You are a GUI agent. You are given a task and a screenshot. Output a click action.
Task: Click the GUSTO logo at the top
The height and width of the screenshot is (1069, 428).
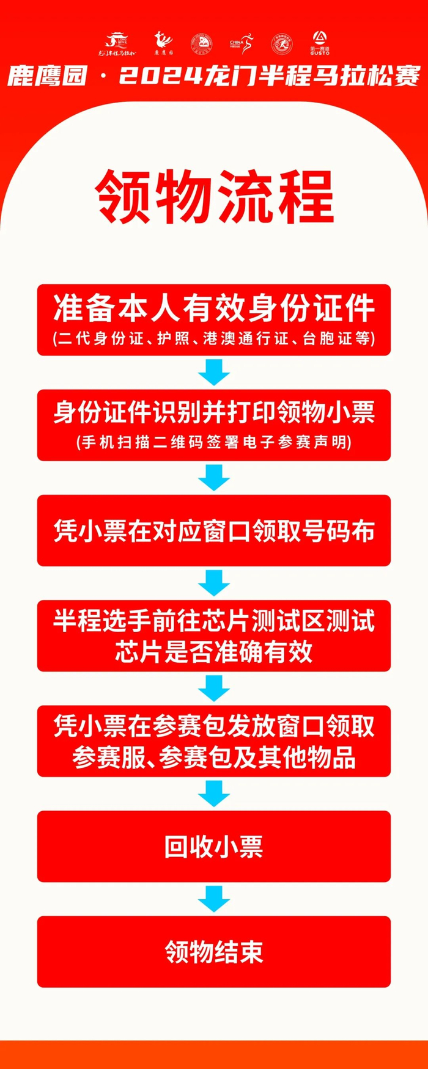pos(319,43)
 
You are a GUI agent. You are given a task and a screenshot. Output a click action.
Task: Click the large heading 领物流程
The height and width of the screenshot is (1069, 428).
pos(214,197)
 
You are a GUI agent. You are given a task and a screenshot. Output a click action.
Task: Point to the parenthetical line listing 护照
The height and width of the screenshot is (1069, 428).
pos(214,338)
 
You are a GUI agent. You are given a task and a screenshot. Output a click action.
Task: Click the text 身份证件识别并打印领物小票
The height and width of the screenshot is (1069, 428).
pos(214,413)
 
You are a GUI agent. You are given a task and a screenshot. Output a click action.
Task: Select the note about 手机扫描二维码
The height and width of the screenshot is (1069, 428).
pos(214,442)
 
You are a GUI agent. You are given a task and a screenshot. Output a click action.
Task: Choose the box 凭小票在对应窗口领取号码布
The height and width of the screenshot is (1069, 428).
pos(214,530)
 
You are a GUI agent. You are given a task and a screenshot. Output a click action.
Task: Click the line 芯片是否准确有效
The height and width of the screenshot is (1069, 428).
pos(214,652)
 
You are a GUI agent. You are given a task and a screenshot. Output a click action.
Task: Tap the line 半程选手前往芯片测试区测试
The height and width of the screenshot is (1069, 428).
pos(214,621)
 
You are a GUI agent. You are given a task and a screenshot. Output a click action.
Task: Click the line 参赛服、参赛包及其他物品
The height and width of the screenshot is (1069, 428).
pos(214,758)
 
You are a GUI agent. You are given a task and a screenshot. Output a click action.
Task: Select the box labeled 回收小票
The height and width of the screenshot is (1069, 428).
pos(214,847)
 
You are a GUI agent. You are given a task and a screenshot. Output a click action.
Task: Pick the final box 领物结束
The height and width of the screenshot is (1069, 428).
pos(214,952)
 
